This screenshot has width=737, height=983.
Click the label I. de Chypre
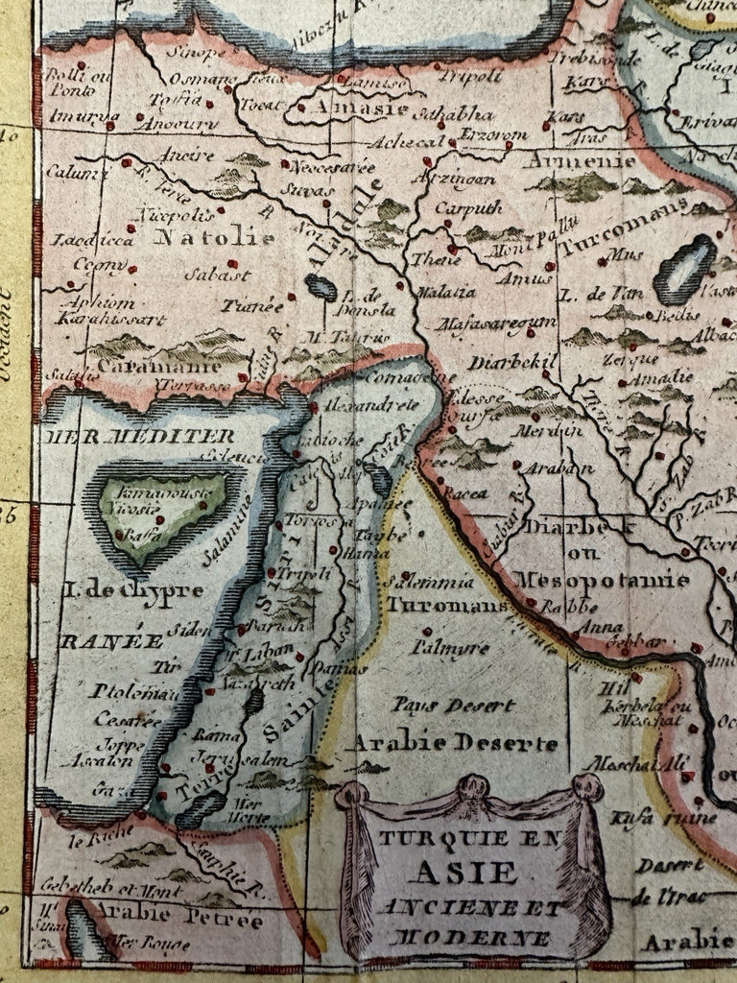[133, 589]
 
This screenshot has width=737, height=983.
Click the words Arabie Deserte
[452, 744]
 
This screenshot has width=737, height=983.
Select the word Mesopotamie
[602, 580]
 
